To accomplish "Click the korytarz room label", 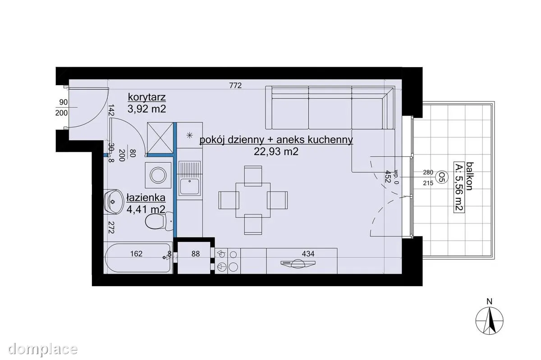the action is (147, 97).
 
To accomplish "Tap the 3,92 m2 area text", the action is (147, 109).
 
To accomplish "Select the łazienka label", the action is (146, 198).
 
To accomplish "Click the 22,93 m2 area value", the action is (276, 151).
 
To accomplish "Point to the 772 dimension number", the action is (235, 86).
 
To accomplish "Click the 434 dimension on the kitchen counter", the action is (308, 254).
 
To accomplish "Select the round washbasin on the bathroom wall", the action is (113, 201).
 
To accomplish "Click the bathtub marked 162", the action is (138, 258).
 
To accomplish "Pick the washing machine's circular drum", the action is (158, 175).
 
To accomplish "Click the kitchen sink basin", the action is (190, 187).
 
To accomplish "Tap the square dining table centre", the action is (253, 200).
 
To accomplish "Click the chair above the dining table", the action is (253, 176).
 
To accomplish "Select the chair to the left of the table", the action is (229, 200).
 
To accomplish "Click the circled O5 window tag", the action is (442, 178).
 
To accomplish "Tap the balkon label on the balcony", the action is (469, 176).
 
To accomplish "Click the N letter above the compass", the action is (489, 301).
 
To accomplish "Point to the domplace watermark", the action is (42, 349).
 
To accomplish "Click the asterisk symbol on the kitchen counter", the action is (190, 135).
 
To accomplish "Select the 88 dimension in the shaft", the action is (195, 254).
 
